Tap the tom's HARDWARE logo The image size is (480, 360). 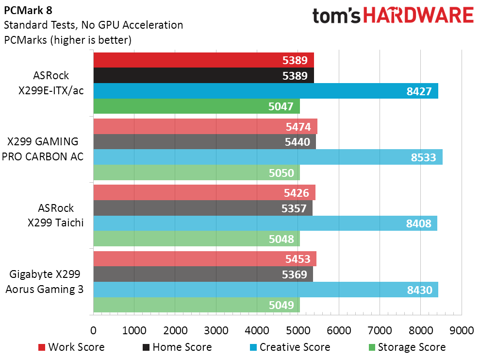tap(393, 16)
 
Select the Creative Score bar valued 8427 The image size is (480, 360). tap(265, 91)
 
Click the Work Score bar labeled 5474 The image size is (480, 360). tap(205, 126)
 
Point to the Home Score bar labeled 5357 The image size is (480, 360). tap(203, 208)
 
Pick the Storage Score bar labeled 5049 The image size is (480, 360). tap(196, 305)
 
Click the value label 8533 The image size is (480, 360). tap(424, 157)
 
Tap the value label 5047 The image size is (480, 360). tap(281, 107)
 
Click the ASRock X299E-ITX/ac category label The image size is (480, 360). tap(51, 83)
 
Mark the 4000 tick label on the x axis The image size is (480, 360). tap(257, 330)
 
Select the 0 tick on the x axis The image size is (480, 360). tap(93, 330)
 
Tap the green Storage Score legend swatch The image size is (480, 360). tap(372, 347)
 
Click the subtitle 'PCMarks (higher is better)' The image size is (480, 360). tap(67, 40)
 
